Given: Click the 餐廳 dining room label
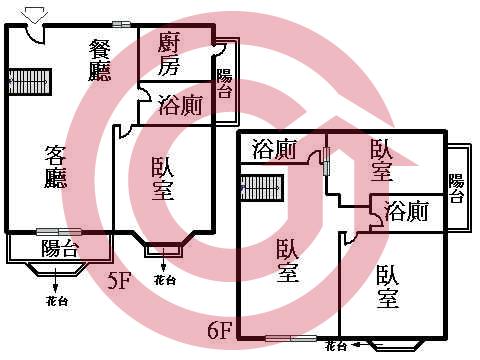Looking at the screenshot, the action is [100, 59].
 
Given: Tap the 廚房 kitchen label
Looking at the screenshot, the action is [169, 54].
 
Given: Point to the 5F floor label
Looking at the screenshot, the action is [120, 281].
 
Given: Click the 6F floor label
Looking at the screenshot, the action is [220, 327].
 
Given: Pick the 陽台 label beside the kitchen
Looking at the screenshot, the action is [225, 84].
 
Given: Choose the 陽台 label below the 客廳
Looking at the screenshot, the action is [59, 249].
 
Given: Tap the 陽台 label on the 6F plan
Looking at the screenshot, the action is [456, 188].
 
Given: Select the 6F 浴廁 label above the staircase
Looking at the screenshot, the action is [274, 151].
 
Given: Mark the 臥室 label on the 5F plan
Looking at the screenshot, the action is [166, 179].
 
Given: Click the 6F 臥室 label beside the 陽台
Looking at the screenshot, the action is [381, 160].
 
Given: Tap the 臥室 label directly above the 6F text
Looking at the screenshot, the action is [287, 260].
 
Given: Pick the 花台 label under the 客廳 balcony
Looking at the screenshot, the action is [57, 301].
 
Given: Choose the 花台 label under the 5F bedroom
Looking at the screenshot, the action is [164, 281].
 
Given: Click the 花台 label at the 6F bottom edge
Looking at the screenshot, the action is [335, 346].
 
